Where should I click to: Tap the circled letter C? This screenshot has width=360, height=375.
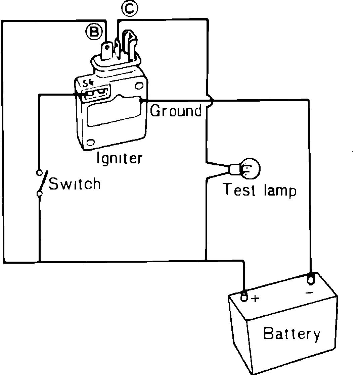pyautogui.click(x=129, y=10)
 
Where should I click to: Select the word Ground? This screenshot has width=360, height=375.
pyautogui.click(x=176, y=110)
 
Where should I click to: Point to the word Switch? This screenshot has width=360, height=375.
pyautogui.click(x=75, y=184)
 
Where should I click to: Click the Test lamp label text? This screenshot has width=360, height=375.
pyautogui.click(x=260, y=191)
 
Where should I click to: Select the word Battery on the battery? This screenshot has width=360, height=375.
pyautogui.click(x=291, y=334)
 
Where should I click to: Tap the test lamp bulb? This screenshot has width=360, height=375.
pyautogui.click(x=250, y=168)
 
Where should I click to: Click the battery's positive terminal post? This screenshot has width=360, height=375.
pyautogui.click(x=244, y=296)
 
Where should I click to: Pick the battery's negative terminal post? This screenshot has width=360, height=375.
pyautogui.click(x=310, y=278)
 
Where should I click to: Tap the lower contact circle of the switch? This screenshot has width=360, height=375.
pyautogui.click(x=40, y=194)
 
